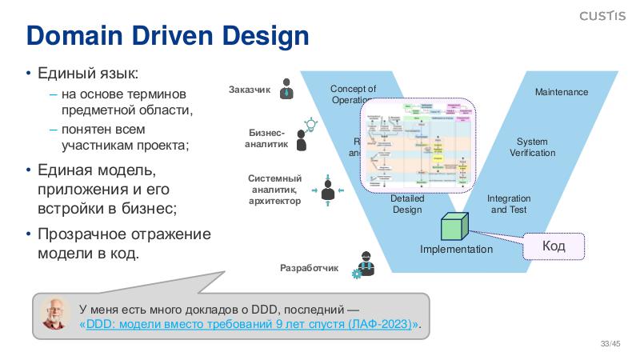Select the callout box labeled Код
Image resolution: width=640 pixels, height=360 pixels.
554,246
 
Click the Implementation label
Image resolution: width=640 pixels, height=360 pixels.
456,250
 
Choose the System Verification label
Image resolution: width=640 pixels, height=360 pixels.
532,147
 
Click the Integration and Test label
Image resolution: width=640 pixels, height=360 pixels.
509,204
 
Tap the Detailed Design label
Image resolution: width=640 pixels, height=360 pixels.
406,204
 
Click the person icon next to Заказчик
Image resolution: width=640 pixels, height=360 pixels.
287,90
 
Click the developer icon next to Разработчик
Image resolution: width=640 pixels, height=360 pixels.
364,265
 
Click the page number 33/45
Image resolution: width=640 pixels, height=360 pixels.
610,345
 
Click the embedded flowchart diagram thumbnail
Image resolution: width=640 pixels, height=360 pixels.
416,145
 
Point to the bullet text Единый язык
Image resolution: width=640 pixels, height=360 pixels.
89,74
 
